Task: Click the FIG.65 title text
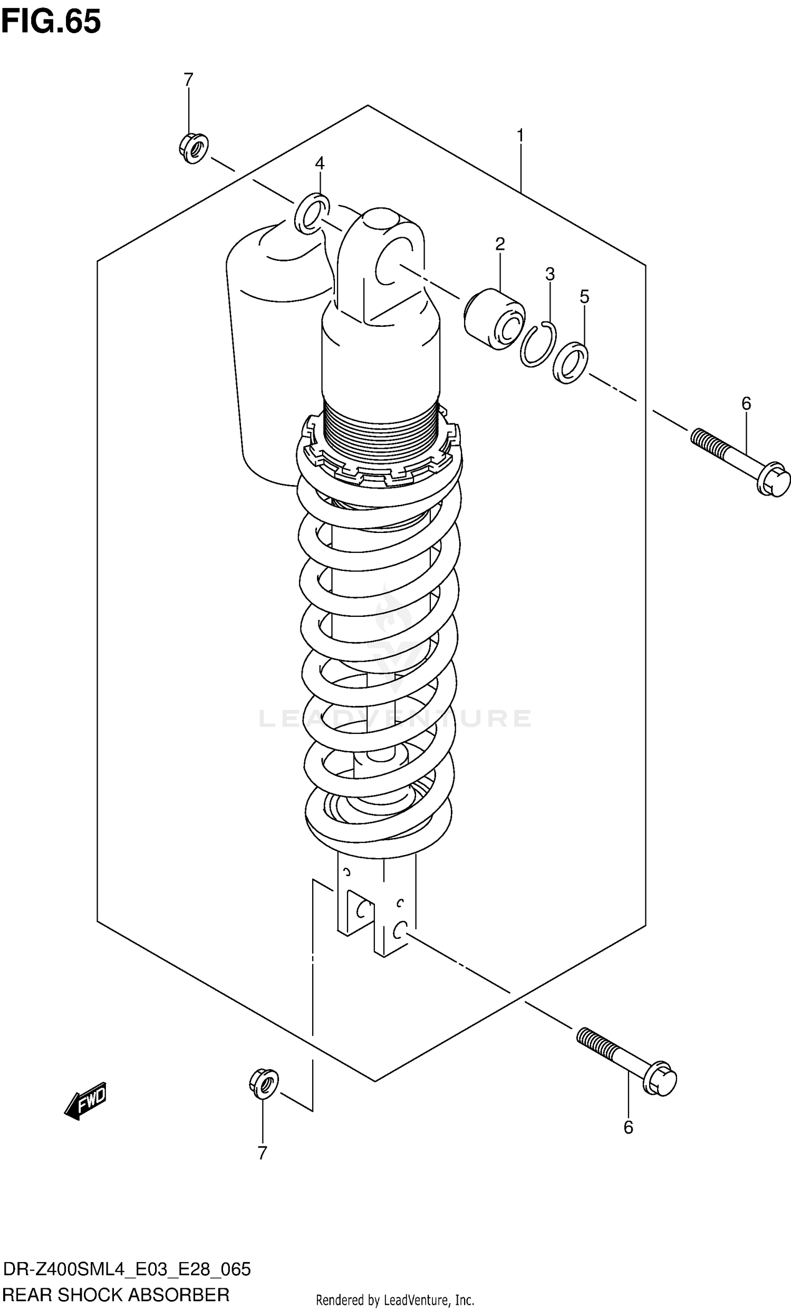[x=51, y=22]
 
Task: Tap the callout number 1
[x=520, y=136]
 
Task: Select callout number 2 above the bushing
[x=499, y=244]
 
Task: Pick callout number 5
[x=584, y=297]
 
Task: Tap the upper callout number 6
[x=746, y=403]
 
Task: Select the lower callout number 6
[x=628, y=1127]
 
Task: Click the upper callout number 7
[x=188, y=80]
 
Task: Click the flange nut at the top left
[x=194, y=148]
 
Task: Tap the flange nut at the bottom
[x=264, y=1083]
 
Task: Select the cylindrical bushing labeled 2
[x=494, y=318]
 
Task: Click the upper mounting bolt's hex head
[x=773, y=480]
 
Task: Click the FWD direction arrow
[x=86, y=1101]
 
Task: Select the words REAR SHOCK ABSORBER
[x=116, y=1295]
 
